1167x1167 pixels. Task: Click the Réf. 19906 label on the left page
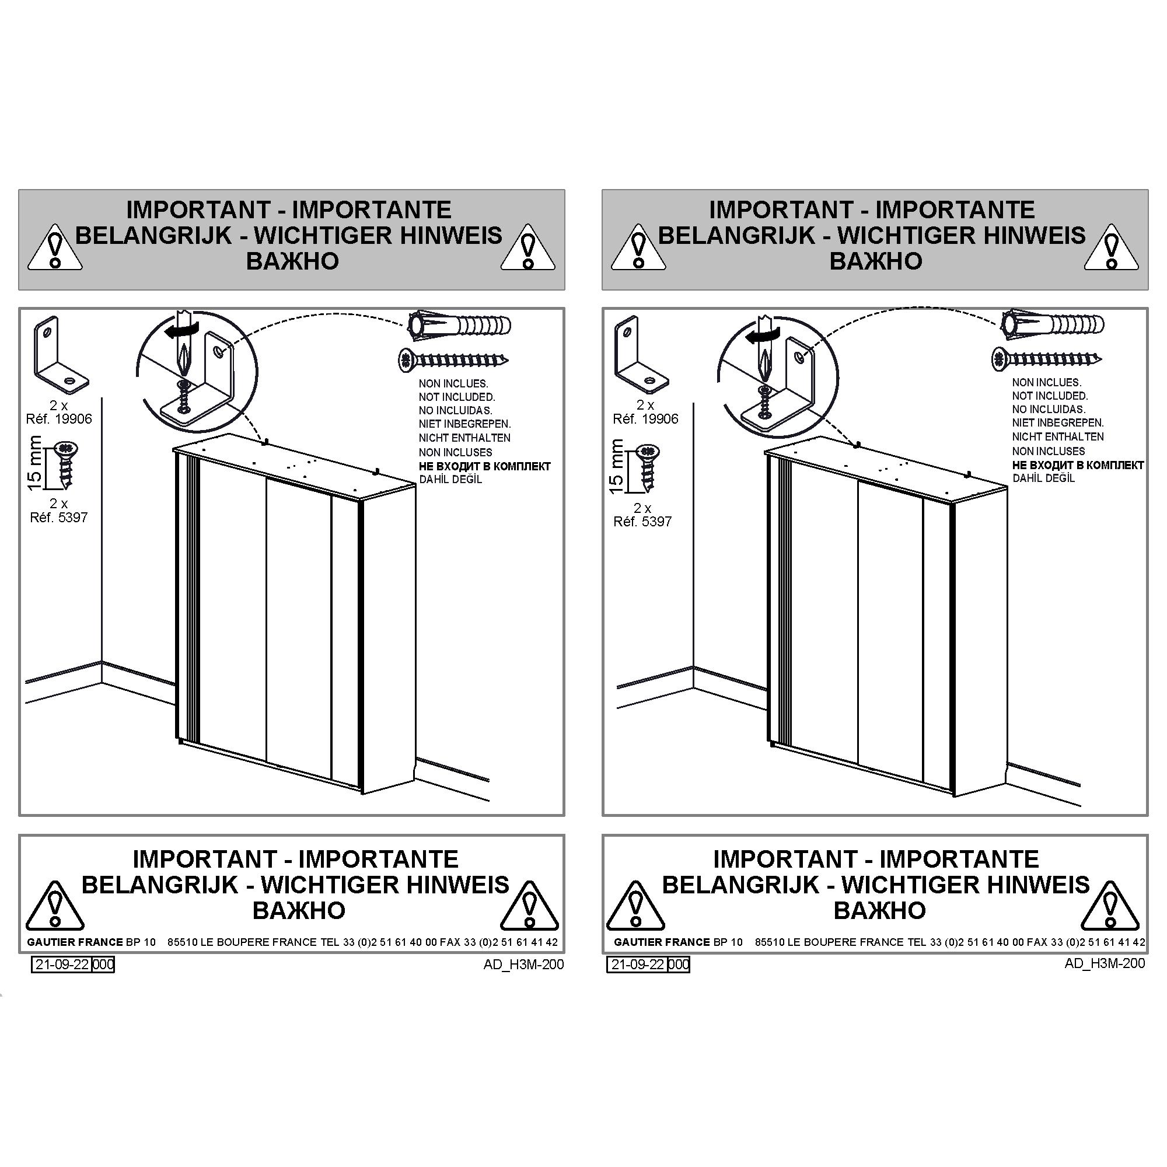tap(59, 418)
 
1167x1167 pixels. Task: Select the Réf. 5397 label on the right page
tap(642, 521)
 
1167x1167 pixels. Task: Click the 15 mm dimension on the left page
tap(35, 463)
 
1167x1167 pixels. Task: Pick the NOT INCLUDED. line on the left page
tap(457, 397)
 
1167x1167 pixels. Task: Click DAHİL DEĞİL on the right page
tap(1044, 478)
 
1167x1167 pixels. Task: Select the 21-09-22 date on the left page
tap(62, 964)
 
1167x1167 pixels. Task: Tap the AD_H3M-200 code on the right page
tap(1105, 963)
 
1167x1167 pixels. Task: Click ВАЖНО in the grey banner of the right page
tap(875, 261)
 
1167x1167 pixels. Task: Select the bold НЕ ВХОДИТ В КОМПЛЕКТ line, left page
tap(485, 466)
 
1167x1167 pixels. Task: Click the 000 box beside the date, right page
tap(679, 964)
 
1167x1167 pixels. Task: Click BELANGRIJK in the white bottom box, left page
tap(159, 885)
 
